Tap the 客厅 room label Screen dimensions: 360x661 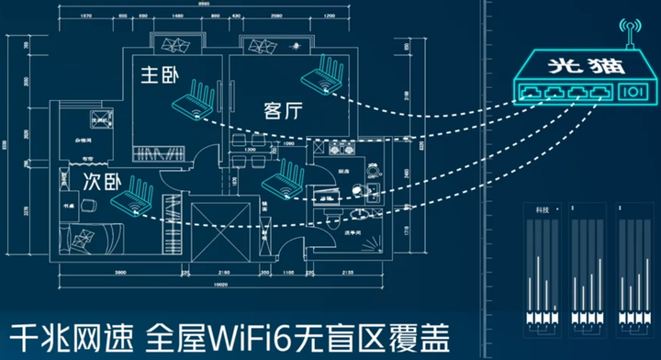(282, 110)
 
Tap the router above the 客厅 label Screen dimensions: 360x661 (324, 73)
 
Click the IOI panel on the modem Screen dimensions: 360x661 (634, 92)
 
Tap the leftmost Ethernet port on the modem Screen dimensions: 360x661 (532, 92)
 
